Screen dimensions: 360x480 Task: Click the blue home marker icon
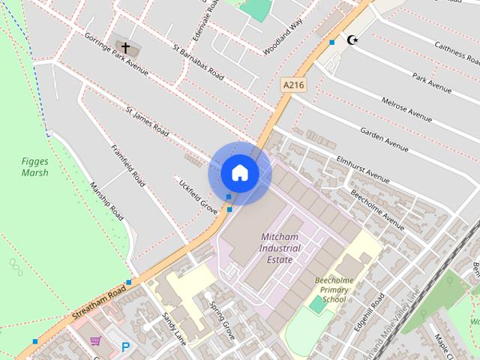point(239,173)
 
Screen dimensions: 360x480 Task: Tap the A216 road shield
point(293,85)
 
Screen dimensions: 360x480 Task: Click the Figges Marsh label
point(34,166)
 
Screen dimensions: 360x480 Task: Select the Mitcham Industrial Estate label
point(280,247)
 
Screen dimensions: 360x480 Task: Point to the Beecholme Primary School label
point(330,290)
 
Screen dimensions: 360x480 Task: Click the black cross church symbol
point(125,49)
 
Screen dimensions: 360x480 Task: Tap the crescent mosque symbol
point(350,39)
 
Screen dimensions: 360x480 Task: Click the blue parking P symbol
point(125,346)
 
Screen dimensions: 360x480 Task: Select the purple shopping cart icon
point(95,342)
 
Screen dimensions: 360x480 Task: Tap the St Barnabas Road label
point(198,63)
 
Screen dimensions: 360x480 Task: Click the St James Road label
point(147,121)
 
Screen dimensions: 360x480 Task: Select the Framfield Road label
point(127,165)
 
